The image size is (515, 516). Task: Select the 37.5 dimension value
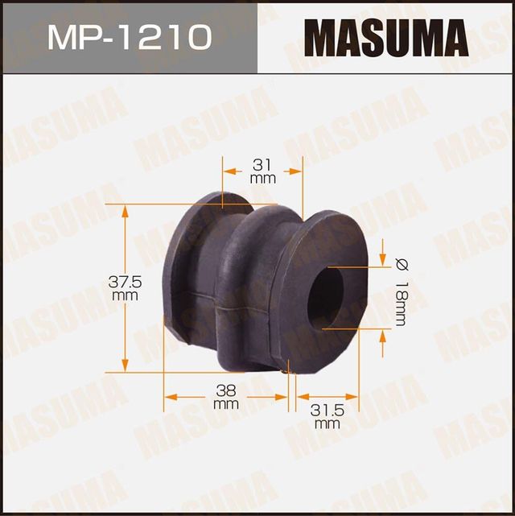(x=125, y=282)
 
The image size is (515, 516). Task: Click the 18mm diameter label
(x=401, y=302)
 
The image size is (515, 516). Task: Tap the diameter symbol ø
(x=400, y=263)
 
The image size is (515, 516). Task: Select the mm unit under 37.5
(x=125, y=295)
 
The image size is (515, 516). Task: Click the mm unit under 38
(x=226, y=403)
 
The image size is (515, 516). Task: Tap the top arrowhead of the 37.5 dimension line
(x=125, y=211)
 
